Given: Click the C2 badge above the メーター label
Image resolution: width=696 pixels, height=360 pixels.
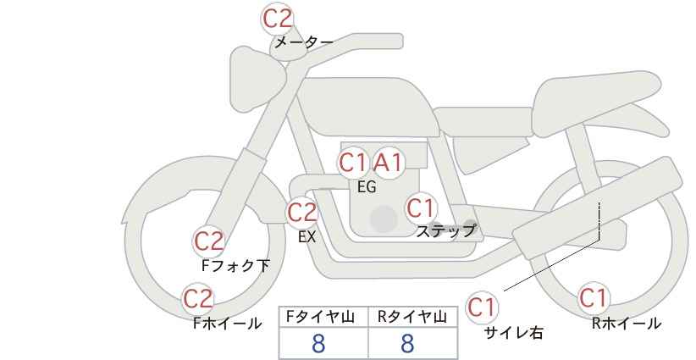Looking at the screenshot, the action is (278, 19).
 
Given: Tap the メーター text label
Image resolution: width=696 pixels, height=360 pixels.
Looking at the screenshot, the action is (304, 42).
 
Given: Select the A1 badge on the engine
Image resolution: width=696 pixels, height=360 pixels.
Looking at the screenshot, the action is (388, 163).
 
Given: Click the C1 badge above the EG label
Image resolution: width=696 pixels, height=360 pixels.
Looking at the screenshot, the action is (353, 163).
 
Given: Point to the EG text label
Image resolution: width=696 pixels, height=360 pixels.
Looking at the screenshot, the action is (367, 187).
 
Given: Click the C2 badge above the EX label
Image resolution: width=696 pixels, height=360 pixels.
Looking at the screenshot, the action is (301, 213).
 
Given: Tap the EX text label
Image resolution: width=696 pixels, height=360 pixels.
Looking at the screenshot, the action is (307, 237).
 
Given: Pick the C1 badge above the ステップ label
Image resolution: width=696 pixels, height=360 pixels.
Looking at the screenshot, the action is (421, 208).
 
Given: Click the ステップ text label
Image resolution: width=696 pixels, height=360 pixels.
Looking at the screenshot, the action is (445, 231).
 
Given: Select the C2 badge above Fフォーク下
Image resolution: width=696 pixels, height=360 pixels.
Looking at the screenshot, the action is (209, 241).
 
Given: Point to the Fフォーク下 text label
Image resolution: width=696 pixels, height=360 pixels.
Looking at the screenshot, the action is (235, 265).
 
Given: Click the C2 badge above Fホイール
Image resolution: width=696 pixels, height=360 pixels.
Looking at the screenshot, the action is (198, 299).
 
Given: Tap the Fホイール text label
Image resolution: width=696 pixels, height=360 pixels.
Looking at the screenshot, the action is (227, 324).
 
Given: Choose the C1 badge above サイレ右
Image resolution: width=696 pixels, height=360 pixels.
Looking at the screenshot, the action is (482, 307).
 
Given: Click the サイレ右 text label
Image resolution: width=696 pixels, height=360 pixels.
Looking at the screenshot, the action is (513, 332).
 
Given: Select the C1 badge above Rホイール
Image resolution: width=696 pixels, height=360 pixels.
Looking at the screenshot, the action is (593, 298).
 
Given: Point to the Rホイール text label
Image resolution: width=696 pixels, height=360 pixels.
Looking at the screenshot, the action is (627, 324).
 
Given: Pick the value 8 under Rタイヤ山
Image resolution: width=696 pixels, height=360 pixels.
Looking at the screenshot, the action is (407, 344).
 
